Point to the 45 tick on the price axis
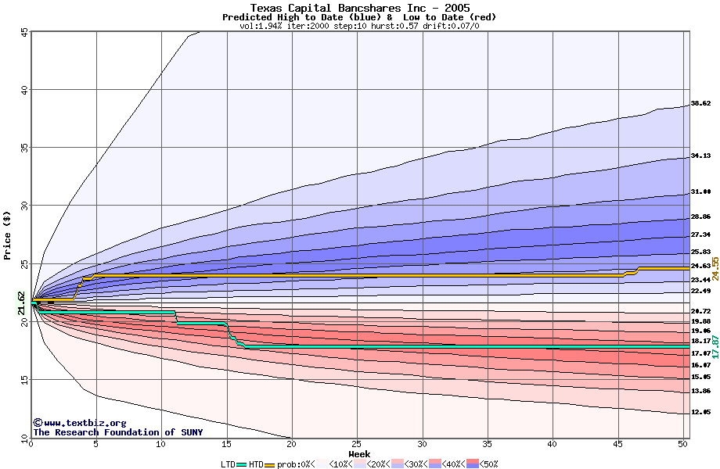pos(25,32)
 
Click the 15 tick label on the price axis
pos(25,380)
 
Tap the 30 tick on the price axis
pos(25,206)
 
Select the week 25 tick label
pos(358,444)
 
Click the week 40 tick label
pos(553,444)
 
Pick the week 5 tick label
pos(96,444)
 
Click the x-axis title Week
pos(359,454)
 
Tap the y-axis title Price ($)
pos(8,235)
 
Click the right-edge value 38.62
pos(700,103)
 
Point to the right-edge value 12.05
pos(700,412)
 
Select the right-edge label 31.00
pos(700,192)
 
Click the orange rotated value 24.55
pos(715,268)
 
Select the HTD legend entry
pos(256,464)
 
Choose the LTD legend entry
pos(229,464)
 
